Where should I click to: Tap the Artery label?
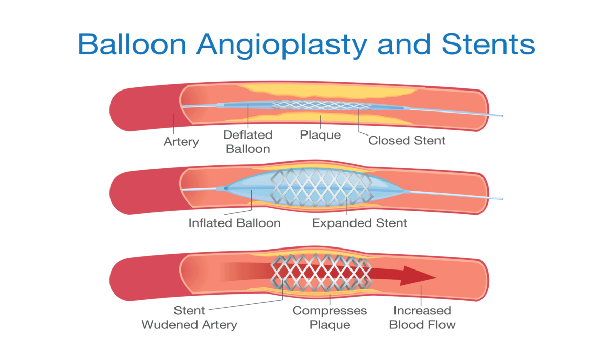[181, 142]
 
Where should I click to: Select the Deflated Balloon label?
[247, 142]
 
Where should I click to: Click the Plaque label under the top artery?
[320, 136]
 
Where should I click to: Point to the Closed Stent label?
[407, 140]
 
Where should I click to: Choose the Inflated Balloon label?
[234, 223]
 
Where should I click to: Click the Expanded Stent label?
[360, 223]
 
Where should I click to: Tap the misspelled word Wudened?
[173, 325]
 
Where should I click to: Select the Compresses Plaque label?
[330, 318]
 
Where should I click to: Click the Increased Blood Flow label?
[422, 318]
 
